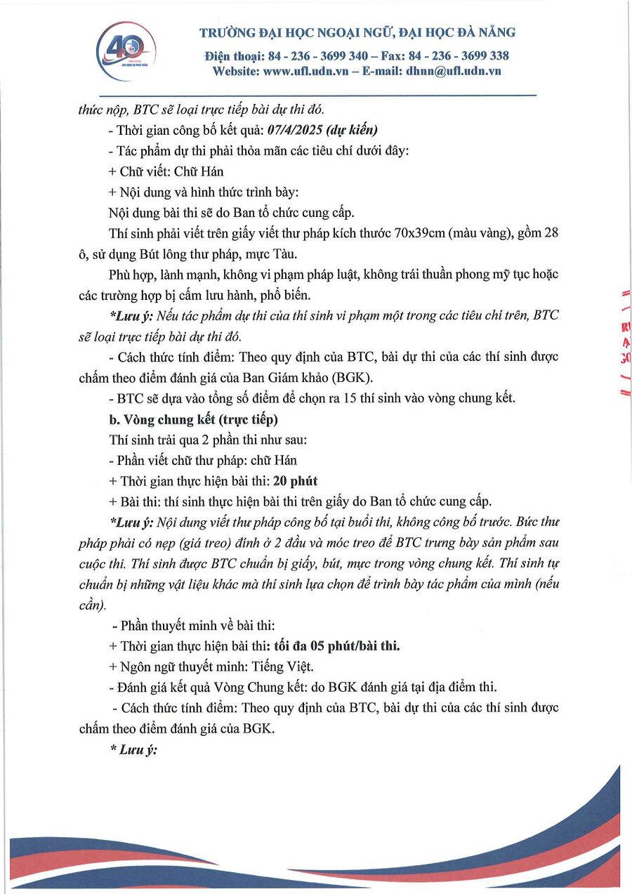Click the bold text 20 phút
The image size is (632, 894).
(x=295, y=481)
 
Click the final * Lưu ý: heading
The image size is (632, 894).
(x=133, y=749)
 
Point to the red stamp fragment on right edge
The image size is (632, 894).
(x=625, y=344)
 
